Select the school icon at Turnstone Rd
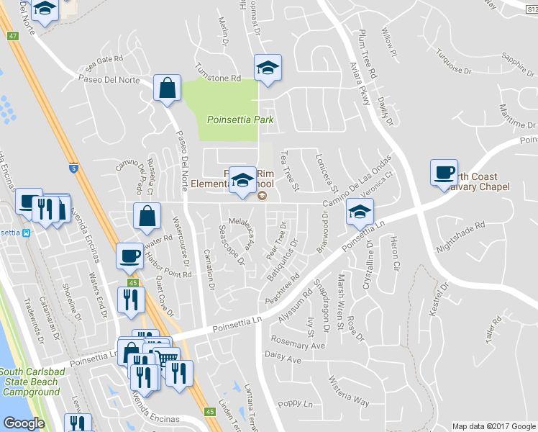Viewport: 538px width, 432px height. pos(268,69)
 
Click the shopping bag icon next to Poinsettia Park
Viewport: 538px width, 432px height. pos(167,89)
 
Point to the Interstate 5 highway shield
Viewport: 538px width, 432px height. pos(74,167)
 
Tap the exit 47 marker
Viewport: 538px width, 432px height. pos(13,35)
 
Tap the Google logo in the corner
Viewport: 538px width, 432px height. pos(24,423)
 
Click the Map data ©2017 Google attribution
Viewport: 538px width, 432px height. pos(493,426)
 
